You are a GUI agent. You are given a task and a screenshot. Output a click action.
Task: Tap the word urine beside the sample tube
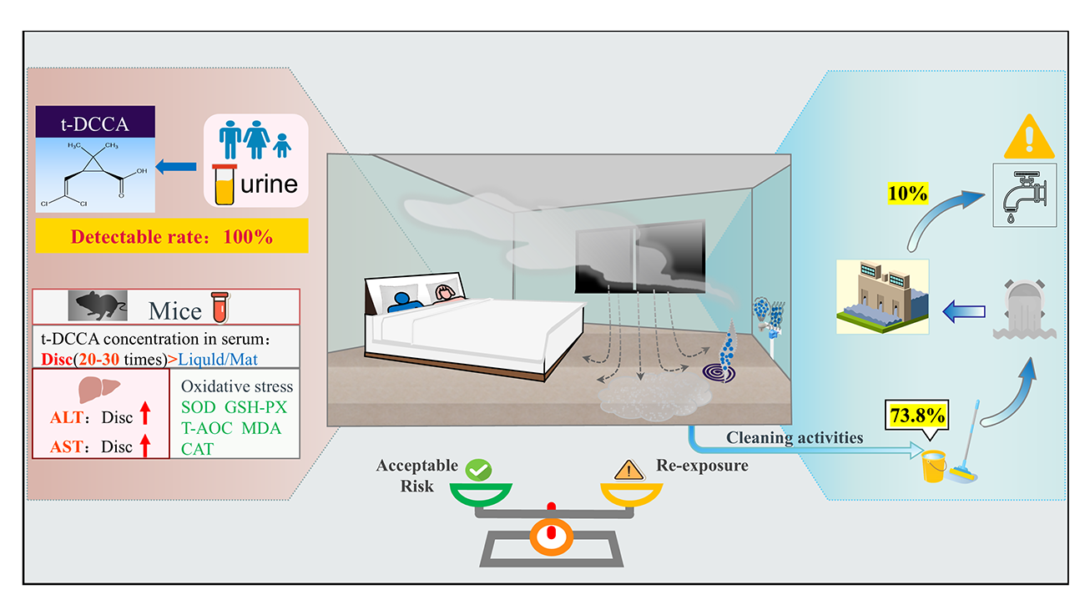(268, 183)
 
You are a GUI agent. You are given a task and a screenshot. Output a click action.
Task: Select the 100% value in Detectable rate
(248, 237)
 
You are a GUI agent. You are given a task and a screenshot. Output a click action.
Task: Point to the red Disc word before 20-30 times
(57, 359)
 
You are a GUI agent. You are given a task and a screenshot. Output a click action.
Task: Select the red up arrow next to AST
(145, 446)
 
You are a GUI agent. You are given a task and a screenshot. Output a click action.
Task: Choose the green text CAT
(198, 448)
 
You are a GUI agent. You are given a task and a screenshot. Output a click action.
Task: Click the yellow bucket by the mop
(934, 465)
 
